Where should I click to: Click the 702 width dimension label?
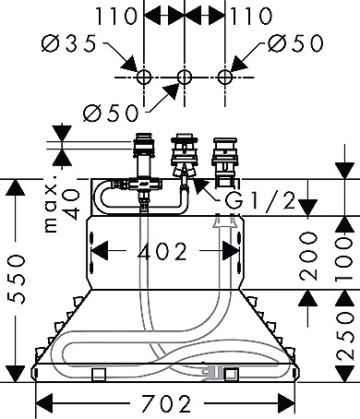(166, 403)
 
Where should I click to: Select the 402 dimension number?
(162, 251)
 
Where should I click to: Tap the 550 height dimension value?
(16, 279)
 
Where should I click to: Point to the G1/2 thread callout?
(260, 200)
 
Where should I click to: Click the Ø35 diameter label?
(68, 43)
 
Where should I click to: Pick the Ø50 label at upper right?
(295, 42)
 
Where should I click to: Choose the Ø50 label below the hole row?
(111, 113)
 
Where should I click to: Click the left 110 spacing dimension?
(115, 16)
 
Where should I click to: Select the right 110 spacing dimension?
(251, 16)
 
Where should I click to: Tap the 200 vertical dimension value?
(308, 256)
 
